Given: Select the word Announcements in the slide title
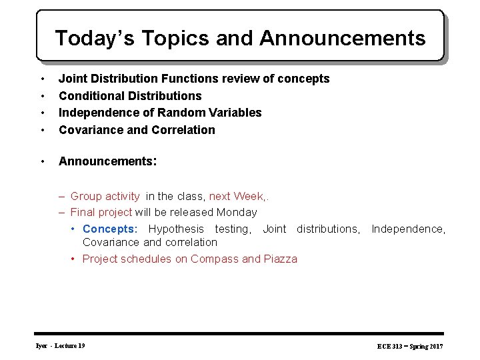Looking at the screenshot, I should click(343, 38).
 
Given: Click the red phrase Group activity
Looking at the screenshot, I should click(105, 196).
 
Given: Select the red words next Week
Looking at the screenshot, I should click(237, 196).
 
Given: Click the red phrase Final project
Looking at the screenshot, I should click(101, 213).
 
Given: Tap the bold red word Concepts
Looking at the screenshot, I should click(108, 229).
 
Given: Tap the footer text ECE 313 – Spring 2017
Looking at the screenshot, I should click(410, 347).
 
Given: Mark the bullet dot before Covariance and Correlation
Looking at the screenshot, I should click(43, 130).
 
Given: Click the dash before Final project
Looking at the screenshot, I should click(61, 213).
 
